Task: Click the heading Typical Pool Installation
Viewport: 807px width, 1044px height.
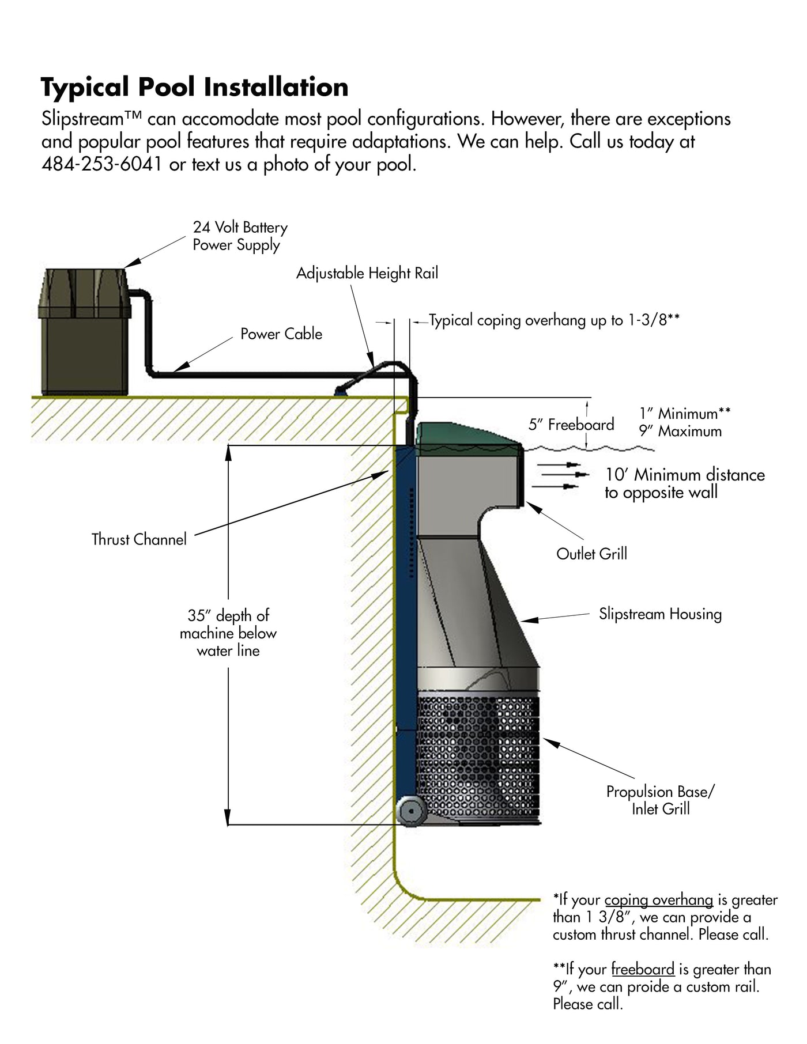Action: (195, 88)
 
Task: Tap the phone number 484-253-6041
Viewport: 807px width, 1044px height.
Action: (101, 165)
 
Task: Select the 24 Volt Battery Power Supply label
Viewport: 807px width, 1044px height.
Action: (240, 236)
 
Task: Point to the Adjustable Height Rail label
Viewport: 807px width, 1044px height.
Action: (367, 273)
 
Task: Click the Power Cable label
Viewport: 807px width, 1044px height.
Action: (281, 334)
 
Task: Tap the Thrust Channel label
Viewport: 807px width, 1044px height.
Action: (139, 540)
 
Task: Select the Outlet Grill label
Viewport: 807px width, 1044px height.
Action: (591, 554)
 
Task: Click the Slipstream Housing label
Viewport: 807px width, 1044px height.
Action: (660, 614)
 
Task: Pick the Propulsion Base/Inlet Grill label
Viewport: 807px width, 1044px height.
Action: (661, 800)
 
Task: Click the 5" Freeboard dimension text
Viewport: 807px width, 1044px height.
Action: (571, 425)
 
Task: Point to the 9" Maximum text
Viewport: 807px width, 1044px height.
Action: (680, 431)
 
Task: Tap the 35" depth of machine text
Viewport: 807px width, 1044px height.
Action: (228, 633)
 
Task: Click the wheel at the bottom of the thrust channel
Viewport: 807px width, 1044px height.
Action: (411, 811)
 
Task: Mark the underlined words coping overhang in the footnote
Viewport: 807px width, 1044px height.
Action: (659, 900)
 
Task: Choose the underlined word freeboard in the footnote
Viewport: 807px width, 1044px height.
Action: (643, 970)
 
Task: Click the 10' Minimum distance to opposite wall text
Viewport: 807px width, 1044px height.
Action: (685, 483)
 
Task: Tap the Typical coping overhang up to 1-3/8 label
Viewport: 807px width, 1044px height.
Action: (555, 320)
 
